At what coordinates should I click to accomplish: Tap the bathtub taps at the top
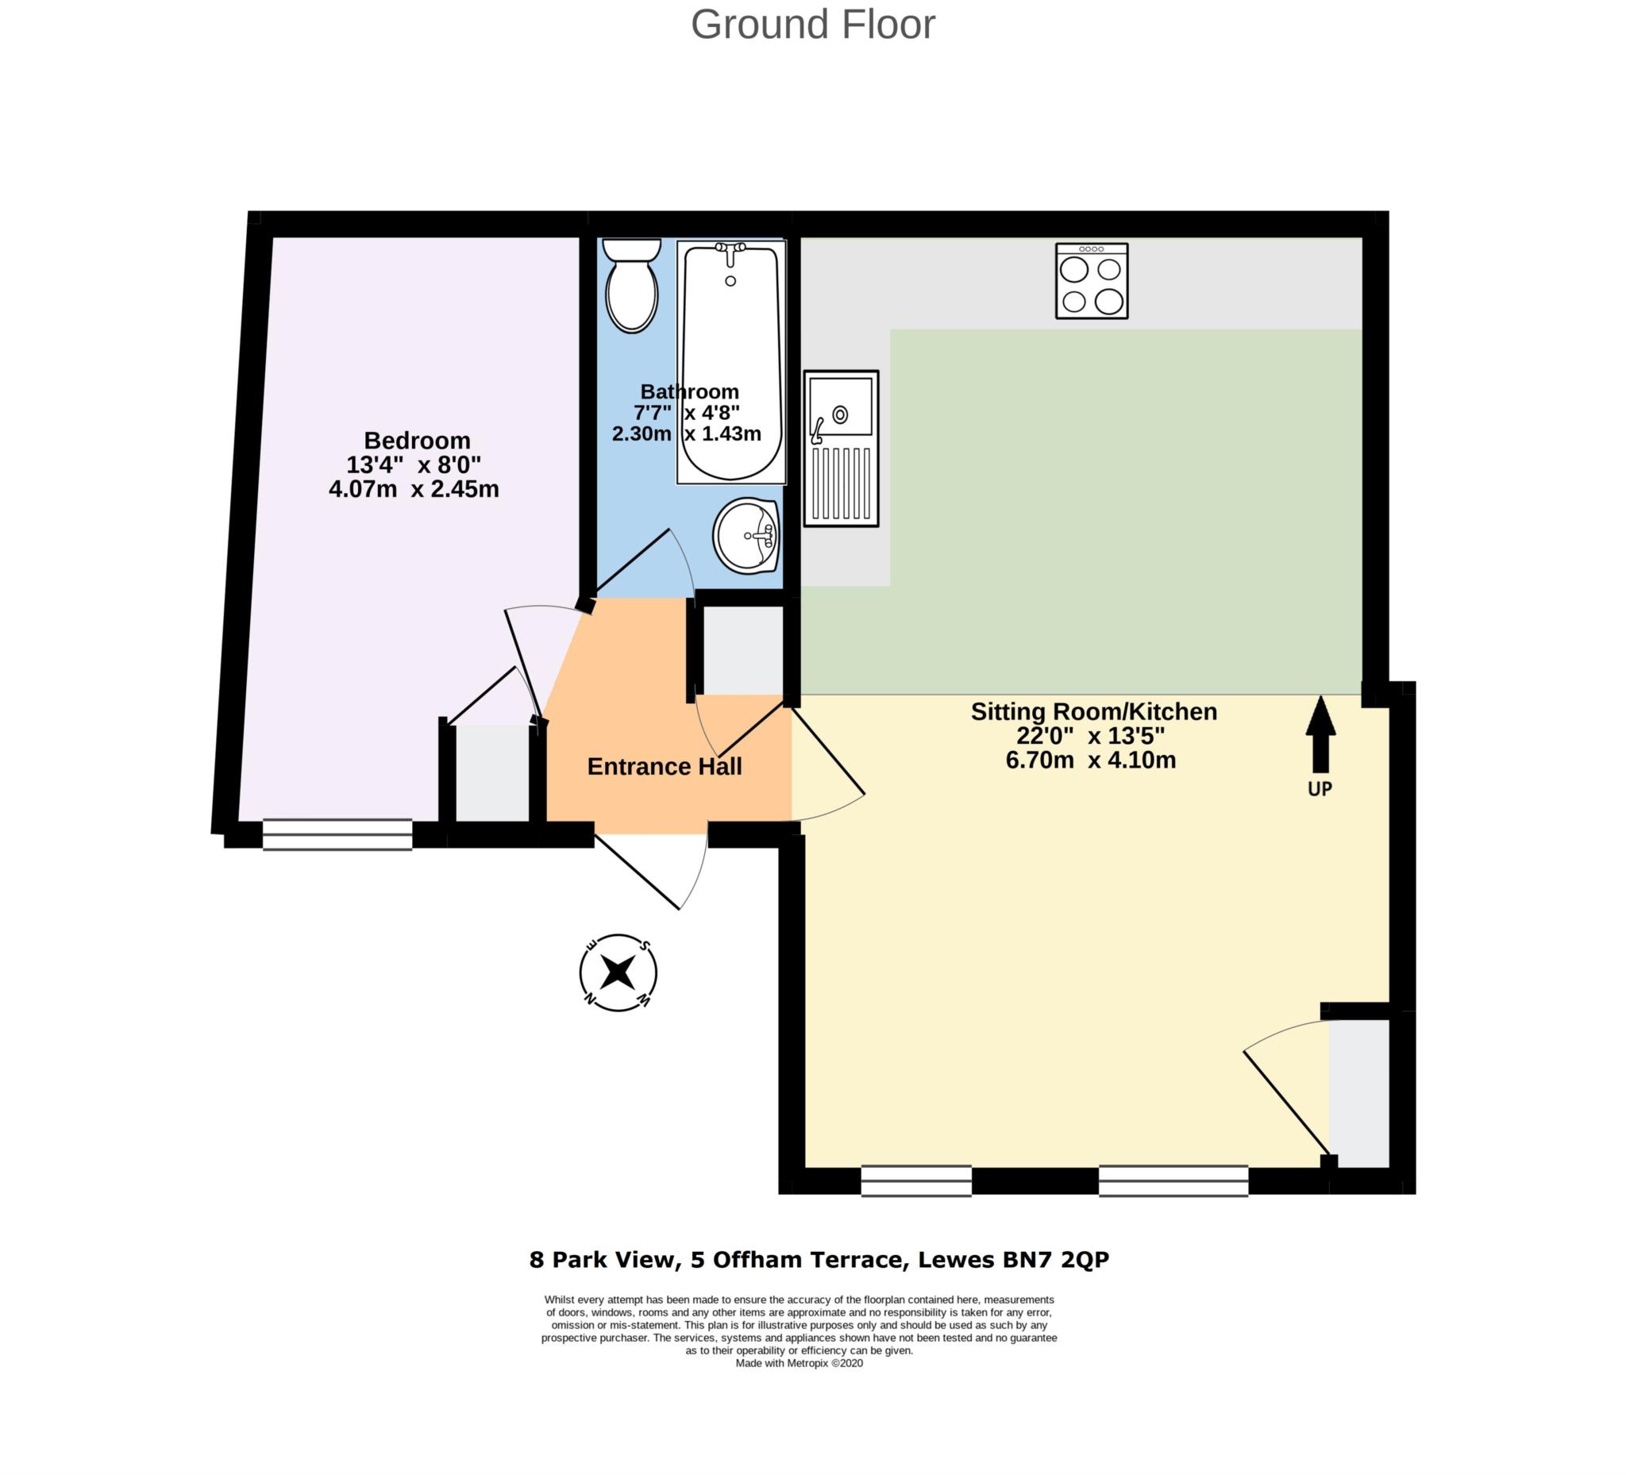point(730,252)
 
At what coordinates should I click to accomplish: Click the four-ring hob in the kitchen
point(1091,282)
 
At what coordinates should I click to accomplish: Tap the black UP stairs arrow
point(1320,734)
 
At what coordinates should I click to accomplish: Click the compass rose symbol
point(618,972)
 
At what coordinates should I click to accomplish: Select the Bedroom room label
point(417,441)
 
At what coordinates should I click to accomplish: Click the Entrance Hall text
point(664,766)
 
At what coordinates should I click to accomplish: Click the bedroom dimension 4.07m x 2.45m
point(414,490)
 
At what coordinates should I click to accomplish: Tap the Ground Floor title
point(812,24)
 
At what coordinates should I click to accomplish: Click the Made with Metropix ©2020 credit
point(799,1363)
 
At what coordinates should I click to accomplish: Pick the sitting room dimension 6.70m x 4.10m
point(1090,760)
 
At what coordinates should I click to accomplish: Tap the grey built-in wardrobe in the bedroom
point(492,773)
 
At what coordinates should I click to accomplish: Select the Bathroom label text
point(689,392)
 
